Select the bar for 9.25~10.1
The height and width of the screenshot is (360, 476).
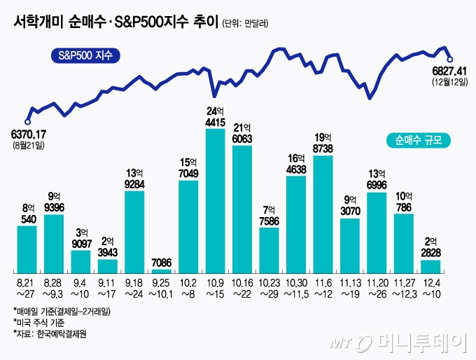point(161,270)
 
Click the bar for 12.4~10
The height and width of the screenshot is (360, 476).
point(430,266)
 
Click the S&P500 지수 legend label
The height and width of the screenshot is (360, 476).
point(86,55)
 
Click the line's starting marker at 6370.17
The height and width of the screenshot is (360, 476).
point(29,120)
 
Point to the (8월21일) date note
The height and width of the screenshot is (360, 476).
point(28,145)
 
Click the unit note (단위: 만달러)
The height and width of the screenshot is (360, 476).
point(246,22)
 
